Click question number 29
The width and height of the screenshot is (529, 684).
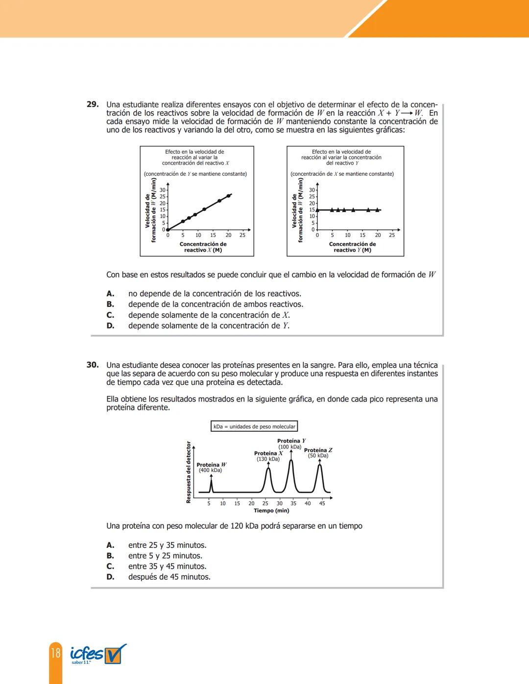[x=93, y=104]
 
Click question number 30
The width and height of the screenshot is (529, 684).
[x=93, y=365]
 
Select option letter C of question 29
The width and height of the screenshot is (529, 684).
[x=110, y=315]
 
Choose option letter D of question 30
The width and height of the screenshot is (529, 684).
[x=110, y=577]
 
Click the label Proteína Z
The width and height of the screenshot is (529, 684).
[x=318, y=450]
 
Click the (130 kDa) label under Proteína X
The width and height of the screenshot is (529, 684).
[x=268, y=459]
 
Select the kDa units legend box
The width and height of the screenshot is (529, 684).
[x=254, y=426]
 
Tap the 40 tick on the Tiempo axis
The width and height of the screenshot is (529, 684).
[x=308, y=503]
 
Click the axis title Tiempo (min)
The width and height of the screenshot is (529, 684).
[x=271, y=511]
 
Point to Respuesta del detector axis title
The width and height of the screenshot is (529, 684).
[x=189, y=472]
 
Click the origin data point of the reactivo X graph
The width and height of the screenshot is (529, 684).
[x=168, y=229]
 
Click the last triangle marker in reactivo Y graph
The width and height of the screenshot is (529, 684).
[x=377, y=210]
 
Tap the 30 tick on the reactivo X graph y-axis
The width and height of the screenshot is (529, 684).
[x=163, y=190]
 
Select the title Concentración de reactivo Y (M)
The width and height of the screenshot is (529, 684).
[x=352, y=247]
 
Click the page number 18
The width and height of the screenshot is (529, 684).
[x=55, y=653]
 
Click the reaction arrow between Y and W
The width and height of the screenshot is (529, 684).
[x=407, y=113]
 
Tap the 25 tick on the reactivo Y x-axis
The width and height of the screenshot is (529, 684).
[x=391, y=235]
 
